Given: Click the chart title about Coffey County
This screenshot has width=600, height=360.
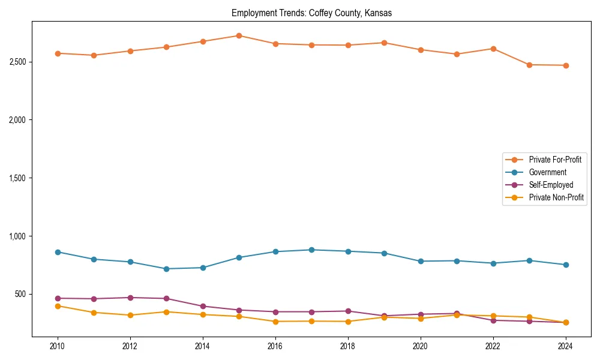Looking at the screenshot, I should pyautogui.click(x=311, y=13).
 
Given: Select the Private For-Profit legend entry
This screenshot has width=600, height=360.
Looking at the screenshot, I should pyautogui.click(x=555, y=160).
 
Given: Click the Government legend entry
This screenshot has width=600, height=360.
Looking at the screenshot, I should pyautogui.click(x=547, y=172).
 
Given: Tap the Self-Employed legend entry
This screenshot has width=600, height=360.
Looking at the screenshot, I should pyautogui.click(x=551, y=185).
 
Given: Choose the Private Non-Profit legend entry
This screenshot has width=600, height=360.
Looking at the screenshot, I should pyautogui.click(x=556, y=197).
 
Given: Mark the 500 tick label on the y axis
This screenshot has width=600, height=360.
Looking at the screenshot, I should pyautogui.click(x=20, y=294).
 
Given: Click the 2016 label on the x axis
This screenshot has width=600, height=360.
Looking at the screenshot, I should pyautogui.click(x=275, y=346).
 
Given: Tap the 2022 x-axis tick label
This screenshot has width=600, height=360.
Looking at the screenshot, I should pyautogui.click(x=493, y=346).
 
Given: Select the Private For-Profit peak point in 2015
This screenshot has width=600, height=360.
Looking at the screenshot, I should pyautogui.click(x=239, y=35).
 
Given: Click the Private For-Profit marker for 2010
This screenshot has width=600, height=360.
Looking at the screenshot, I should pyautogui.click(x=58, y=53).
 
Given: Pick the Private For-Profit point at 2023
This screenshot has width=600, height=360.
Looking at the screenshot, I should pyautogui.click(x=529, y=65).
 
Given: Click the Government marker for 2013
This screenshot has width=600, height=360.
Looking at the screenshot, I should pyautogui.click(x=166, y=269).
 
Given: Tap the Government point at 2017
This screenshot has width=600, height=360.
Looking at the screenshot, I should pyautogui.click(x=311, y=250).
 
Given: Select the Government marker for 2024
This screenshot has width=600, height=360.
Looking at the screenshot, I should pyautogui.click(x=565, y=265).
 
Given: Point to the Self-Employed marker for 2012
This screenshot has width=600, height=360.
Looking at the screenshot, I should pyautogui.click(x=130, y=298).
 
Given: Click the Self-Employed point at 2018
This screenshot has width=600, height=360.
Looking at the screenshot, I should pyautogui.click(x=347, y=311).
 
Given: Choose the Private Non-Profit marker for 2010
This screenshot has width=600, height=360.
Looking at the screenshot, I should pyautogui.click(x=58, y=306).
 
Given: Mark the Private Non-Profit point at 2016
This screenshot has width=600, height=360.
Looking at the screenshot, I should pyautogui.click(x=275, y=322).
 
